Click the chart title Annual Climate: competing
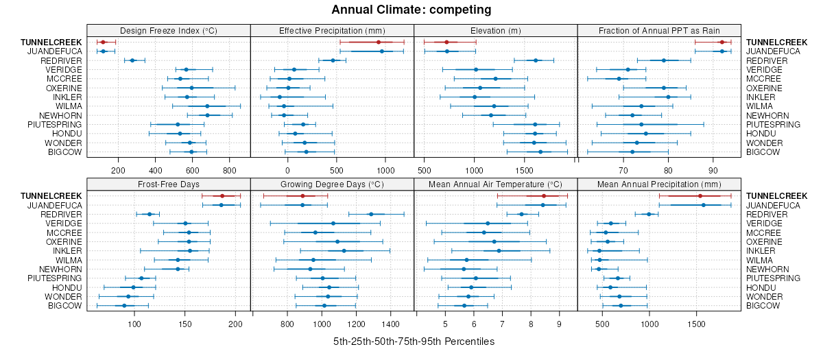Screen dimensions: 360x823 (x=411, y=10)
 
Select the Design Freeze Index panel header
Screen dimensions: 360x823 (x=169, y=30)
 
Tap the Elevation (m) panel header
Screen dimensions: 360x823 (x=495, y=30)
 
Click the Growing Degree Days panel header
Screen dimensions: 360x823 (x=332, y=184)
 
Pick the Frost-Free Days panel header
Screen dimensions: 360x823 (x=169, y=184)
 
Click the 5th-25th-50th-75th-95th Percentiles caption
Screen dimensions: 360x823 (x=414, y=341)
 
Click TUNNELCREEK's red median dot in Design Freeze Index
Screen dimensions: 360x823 (x=103, y=43)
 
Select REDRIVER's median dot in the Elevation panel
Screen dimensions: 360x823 (x=536, y=60)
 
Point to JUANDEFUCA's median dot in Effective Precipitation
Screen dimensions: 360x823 (x=382, y=51)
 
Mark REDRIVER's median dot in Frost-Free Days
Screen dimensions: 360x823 (x=150, y=214)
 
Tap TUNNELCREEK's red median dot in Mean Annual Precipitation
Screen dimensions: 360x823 (x=700, y=196)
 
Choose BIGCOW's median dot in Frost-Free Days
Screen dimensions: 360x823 (x=124, y=305)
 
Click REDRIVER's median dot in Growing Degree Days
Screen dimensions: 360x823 (x=371, y=214)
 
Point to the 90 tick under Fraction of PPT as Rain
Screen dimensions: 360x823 (x=713, y=169)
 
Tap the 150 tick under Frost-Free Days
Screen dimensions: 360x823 (x=184, y=323)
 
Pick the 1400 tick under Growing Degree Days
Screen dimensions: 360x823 (x=390, y=323)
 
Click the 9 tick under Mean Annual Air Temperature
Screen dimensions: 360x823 (x=558, y=323)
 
